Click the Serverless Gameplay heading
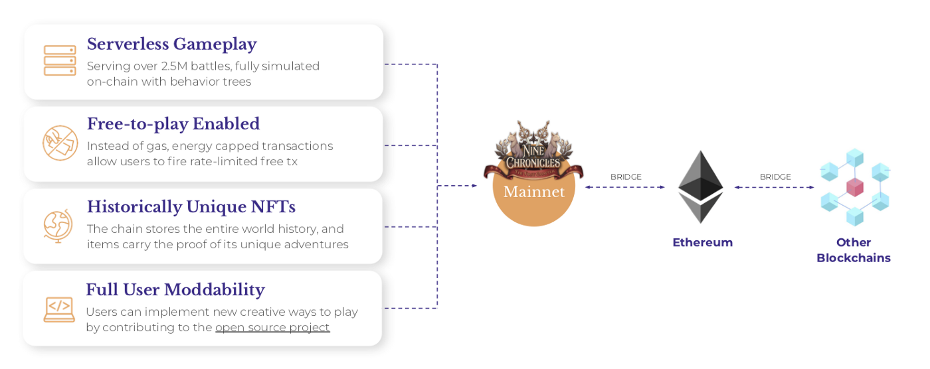pyautogui.click(x=172, y=44)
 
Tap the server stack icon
pyautogui.click(x=60, y=60)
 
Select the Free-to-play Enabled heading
pyautogui.click(x=173, y=124)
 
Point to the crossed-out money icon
pyautogui.click(x=60, y=143)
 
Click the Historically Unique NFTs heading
pyautogui.click(x=191, y=206)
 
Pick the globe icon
pyautogui.click(x=58, y=226)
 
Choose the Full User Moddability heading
pyautogui.click(x=175, y=290)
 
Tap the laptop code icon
pyautogui.click(x=59, y=309)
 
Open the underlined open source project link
pyautogui.click(x=272, y=328)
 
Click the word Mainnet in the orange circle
pyautogui.click(x=534, y=192)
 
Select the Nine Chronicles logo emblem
pyautogui.click(x=533, y=151)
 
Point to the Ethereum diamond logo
pyautogui.click(x=701, y=186)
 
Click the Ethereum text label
pyautogui.click(x=703, y=242)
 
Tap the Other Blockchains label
pyautogui.click(x=854, y=250)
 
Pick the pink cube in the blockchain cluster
pyautogui.click(x=855, y=187)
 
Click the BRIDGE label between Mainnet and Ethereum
pyautogui.click(x=626, y=177)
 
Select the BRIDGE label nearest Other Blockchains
pyautogui.click(x=775, y=177)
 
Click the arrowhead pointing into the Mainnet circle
pyautogui.click(x=474, y=186)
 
